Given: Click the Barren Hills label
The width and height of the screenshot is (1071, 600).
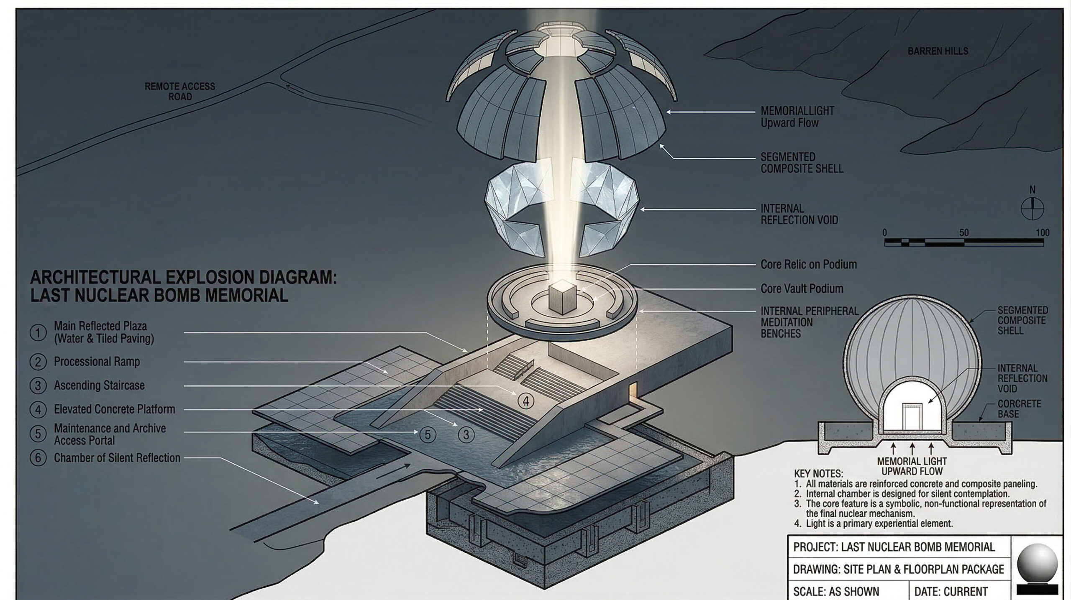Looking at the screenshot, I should point(938,51).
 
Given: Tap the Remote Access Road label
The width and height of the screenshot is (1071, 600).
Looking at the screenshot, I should point(180,91).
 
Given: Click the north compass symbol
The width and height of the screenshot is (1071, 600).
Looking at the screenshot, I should point(1032,208).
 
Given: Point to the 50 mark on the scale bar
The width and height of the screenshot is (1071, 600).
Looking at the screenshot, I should point(963,233).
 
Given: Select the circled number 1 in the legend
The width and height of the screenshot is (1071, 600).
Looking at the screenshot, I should point(38,333).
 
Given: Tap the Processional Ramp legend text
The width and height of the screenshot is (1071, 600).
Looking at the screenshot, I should point(97,362).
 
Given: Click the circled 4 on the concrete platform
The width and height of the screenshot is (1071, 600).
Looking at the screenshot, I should point(525,401).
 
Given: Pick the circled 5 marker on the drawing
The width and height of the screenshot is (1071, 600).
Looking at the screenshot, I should point(427,435).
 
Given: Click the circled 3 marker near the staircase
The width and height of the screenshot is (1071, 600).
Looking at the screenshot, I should point(466,435).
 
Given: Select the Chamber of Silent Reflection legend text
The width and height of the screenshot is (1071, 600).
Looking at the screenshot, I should point(117,458).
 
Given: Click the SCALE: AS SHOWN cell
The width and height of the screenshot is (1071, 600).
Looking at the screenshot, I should point(836,592).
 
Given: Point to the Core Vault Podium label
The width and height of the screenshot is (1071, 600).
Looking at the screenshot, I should point(802,289).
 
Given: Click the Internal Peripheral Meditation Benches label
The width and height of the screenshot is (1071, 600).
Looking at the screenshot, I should point(809,322).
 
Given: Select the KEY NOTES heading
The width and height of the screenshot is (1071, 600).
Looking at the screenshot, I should point(818,474).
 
